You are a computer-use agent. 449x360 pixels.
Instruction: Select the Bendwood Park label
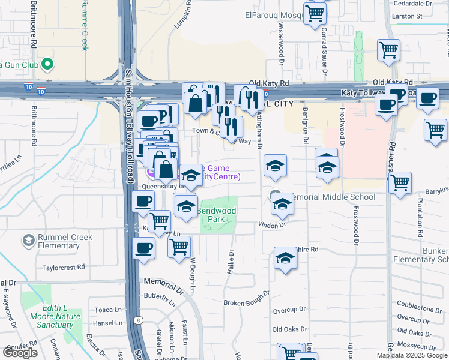coord(217,215)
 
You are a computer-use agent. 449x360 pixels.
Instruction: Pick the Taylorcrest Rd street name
coord(64,267)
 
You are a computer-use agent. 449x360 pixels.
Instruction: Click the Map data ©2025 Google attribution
coord(411,355)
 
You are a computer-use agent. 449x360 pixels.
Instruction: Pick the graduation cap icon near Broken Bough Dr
coord(286,259)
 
